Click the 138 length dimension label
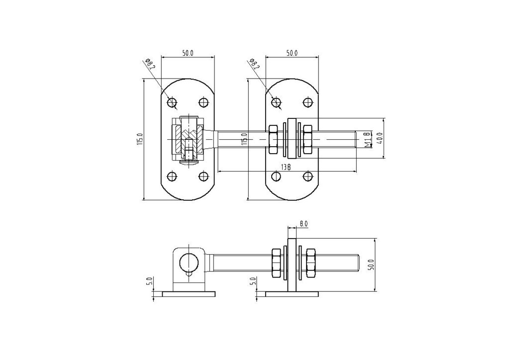(285, 167)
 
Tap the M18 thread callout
(367, 139)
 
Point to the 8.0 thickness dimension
(304, 223)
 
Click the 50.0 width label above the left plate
(188, 53)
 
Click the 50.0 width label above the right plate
(292, 53)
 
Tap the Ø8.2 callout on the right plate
(255, 64)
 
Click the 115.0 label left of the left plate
(140, 139)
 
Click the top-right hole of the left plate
(204, 102)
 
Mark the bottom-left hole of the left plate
(172, 177)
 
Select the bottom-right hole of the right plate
(307, 177)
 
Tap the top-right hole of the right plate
(307, 102)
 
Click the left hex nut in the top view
(273, 139)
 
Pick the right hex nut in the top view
(307, 139)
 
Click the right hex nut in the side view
(311, 263)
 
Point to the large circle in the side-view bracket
(188, 262)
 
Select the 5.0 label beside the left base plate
(149, 281)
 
